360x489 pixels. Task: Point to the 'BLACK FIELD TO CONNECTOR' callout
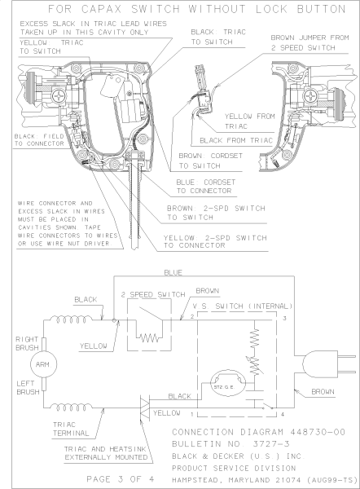[x=27, y=139]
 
